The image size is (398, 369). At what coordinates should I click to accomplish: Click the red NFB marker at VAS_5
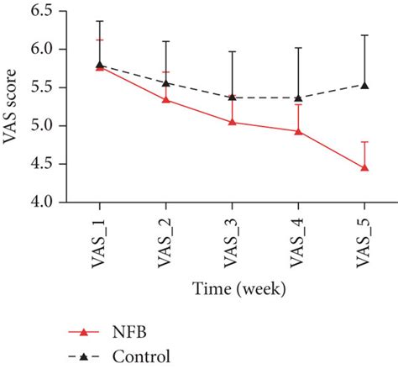[x=364, y=168]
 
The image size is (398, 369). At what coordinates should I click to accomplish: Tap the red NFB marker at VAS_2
[x=166, y=99]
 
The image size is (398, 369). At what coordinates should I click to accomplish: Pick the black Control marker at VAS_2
[x=166, y=82]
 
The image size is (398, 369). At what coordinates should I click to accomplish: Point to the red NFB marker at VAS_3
[x=232, y=122]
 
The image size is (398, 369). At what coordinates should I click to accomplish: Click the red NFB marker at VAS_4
[x=298, y=131]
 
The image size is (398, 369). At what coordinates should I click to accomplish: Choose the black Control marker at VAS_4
[x=298, y=98]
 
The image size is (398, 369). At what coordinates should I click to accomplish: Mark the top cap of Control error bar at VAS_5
[x=364, y=35]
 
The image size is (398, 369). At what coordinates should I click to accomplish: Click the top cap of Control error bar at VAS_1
[x=100, y=21]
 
